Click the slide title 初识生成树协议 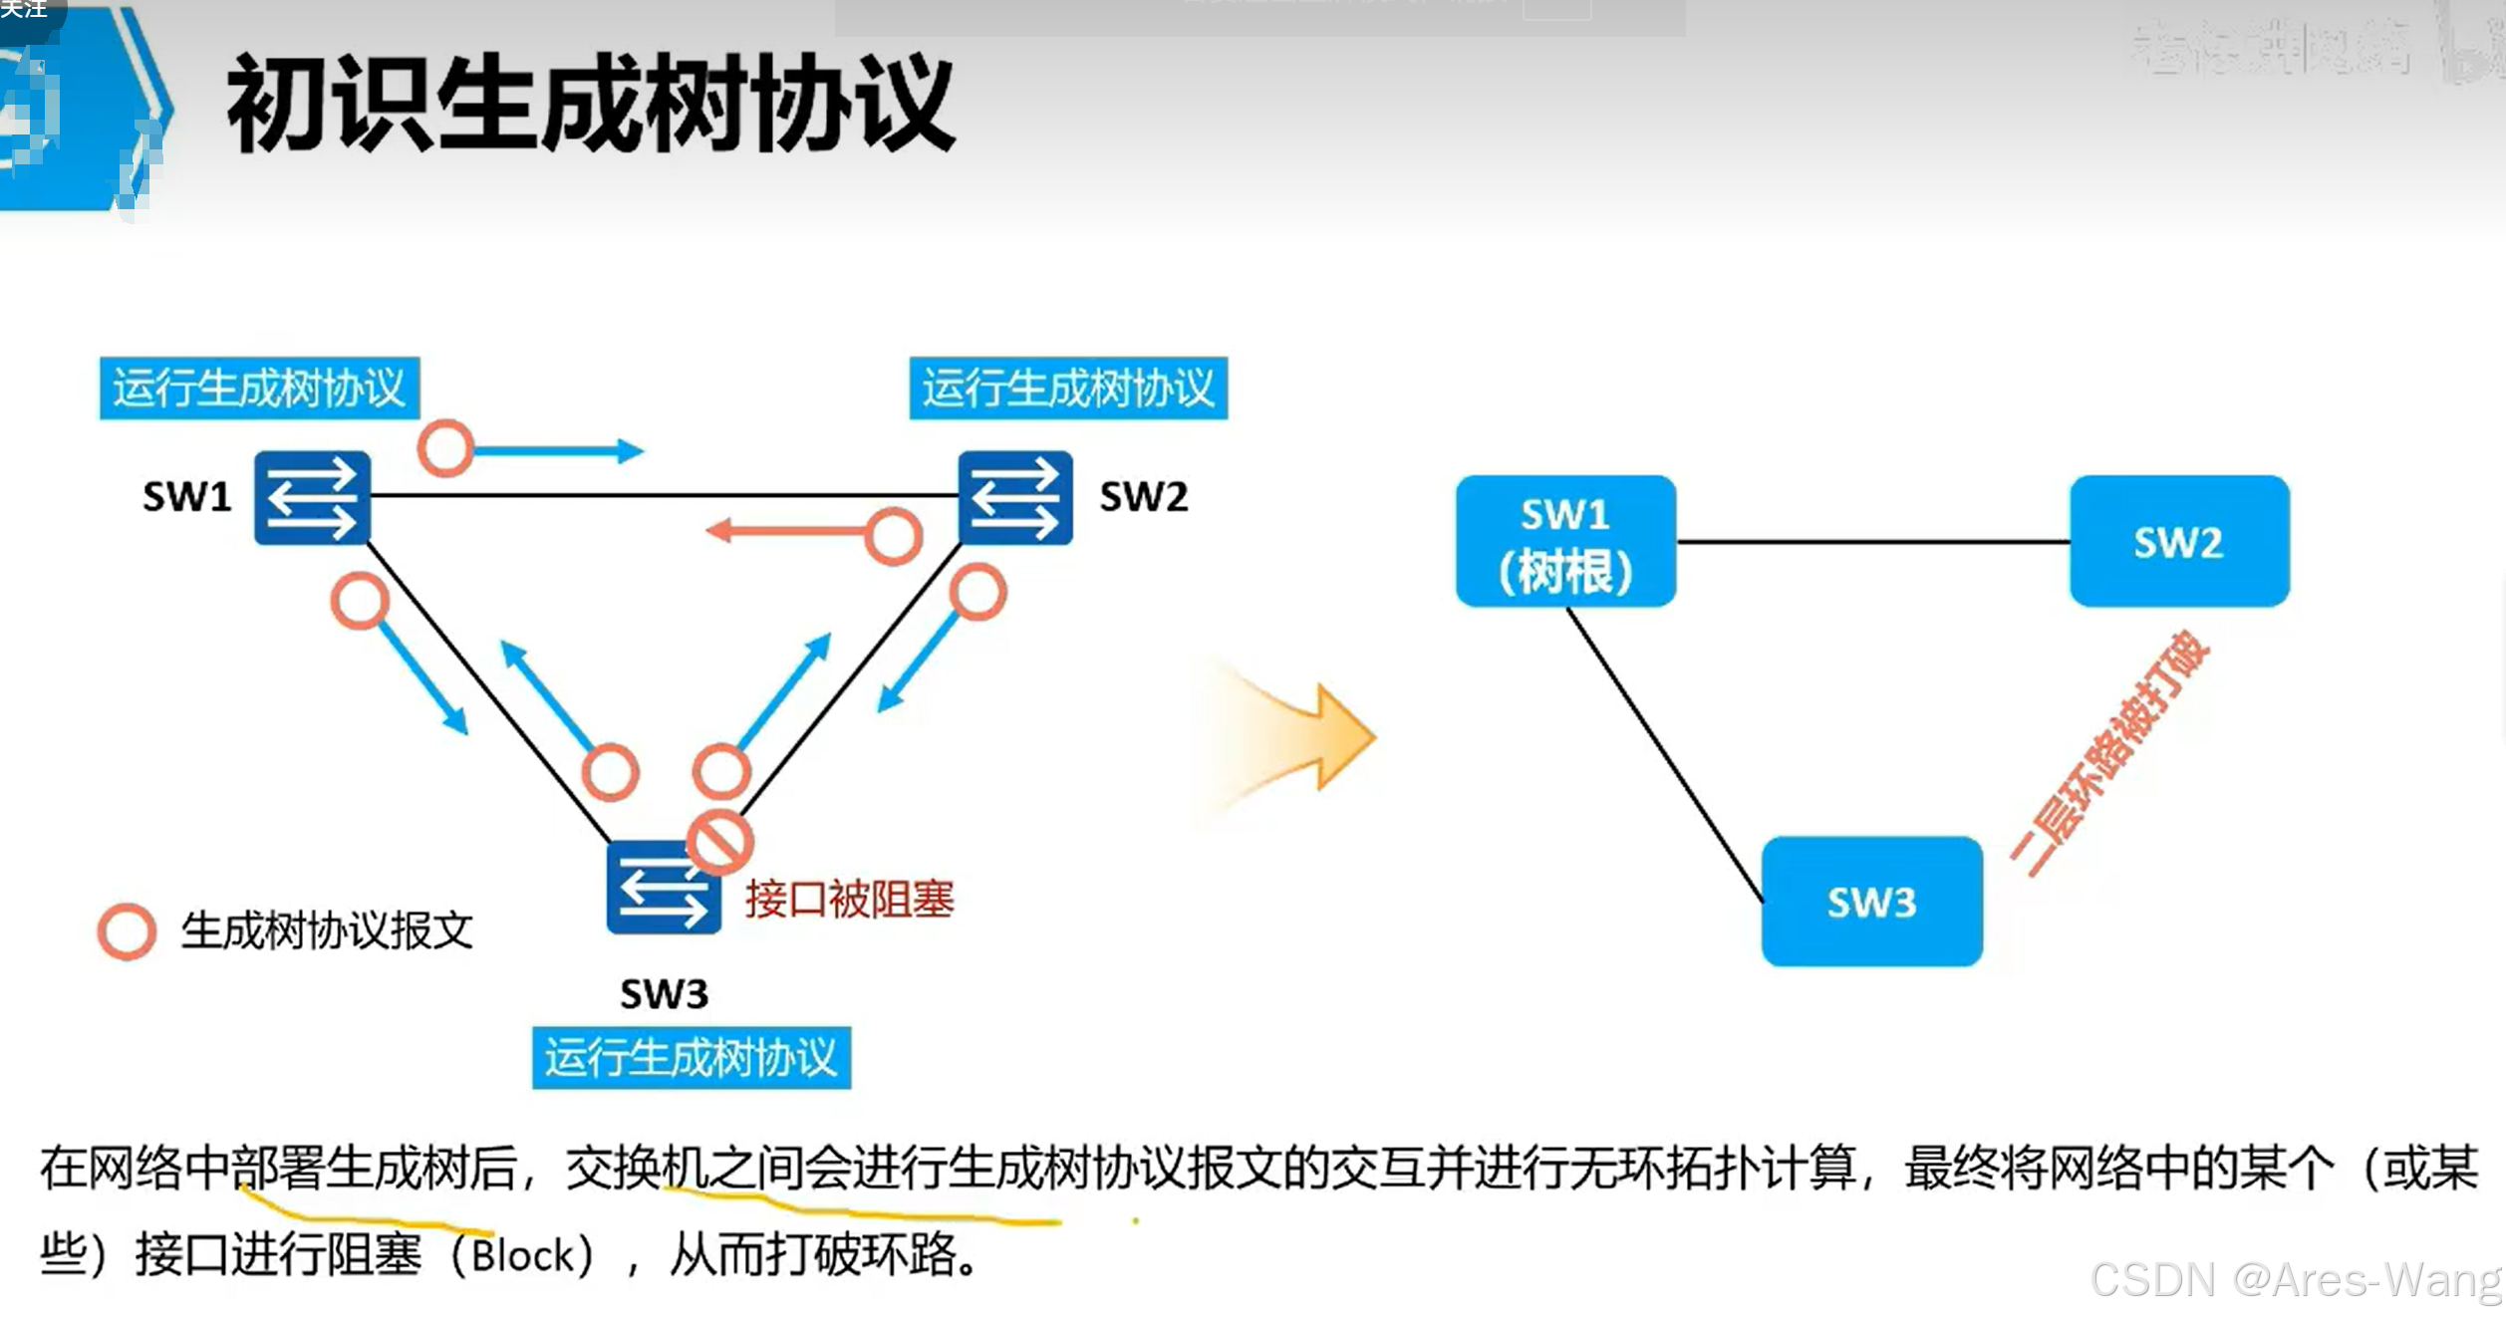[x=590, y=104]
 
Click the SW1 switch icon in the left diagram [x=312, y=497]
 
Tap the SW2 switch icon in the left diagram [x=1015, y=497]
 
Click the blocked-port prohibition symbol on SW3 [x=719, y=842]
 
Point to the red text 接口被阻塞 [x=849, y=900]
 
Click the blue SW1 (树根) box [x=1565, y=542]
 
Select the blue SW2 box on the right [x=2179, y=542]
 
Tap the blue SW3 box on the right [x=1871, y=902]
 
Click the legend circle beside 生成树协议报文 [x=127, y=931]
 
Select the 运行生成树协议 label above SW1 [x=259, y=388]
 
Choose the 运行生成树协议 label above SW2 [x=1068, y=388]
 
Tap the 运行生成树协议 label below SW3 [x=691, y=1058]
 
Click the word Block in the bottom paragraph [x=523, y=1255]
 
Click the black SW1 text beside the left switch [x=186, y=496]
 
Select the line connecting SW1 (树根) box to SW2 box [x=1872, y=542]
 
